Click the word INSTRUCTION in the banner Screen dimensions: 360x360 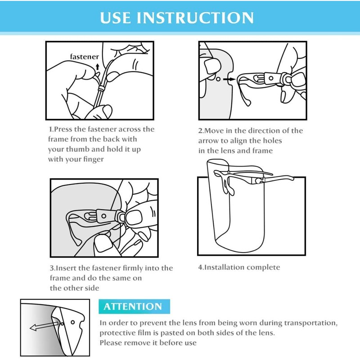(x=195, y=18)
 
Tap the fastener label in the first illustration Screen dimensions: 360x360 (x=85, y=57)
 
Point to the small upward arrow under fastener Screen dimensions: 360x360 (x=98, y=67)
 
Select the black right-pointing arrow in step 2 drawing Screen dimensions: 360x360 (x=229, y=79)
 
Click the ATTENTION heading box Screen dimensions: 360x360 (x=134, y=306)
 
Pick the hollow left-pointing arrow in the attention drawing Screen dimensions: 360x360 (x=44, y=326)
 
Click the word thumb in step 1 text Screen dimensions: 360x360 (x=78, y=149)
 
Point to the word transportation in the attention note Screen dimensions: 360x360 (x=310, y=323)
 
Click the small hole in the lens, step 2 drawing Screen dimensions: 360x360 (x=218, y=79)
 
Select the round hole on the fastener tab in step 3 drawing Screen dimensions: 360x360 (x=104, y=216)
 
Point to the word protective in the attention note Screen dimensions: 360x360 (x=117, y=333)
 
